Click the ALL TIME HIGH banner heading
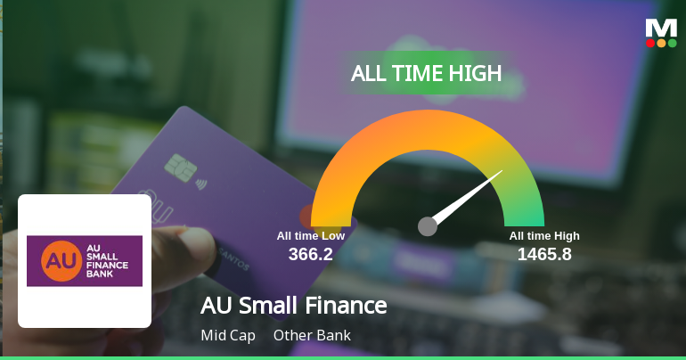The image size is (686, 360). (426, 73)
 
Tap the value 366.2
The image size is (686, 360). (311, 254)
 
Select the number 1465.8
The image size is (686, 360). (544, 254)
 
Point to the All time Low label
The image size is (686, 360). (311, 236)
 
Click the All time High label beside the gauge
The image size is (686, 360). (544, 236)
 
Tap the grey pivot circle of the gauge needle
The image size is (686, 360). (428, 226)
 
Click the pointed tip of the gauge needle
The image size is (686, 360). (502, 170)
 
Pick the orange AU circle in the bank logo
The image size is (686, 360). (61, 261)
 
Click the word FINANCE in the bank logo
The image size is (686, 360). (107, 265)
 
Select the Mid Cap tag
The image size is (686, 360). (228, 336)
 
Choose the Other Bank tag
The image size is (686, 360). (312, 336)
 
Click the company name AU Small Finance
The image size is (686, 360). (294, 306)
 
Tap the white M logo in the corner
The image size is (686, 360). (661, 29)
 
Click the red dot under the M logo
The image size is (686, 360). (650, 44)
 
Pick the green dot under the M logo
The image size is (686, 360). (672, 44)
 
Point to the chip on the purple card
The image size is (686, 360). (180, 168)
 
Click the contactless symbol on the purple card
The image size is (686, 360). (201, 184)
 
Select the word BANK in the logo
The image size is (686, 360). (99, 274)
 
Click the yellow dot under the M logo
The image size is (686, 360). (661, 44)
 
